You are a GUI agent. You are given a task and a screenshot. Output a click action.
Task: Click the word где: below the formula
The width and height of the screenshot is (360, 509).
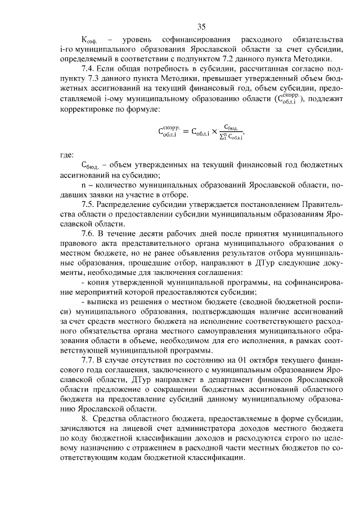coord(67,154)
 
